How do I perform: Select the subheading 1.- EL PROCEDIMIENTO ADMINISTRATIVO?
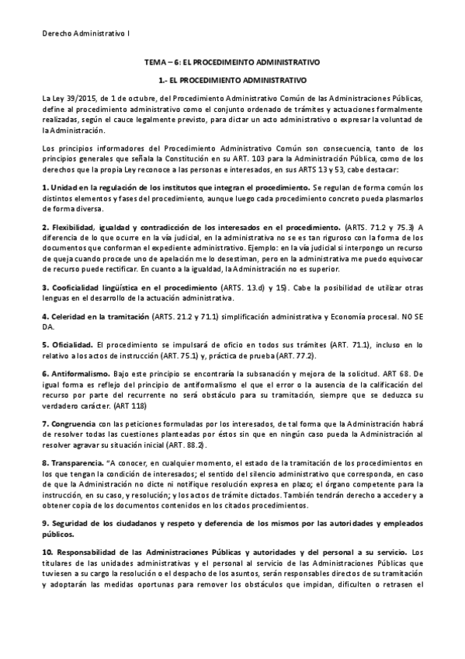[x=232, y=80]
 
